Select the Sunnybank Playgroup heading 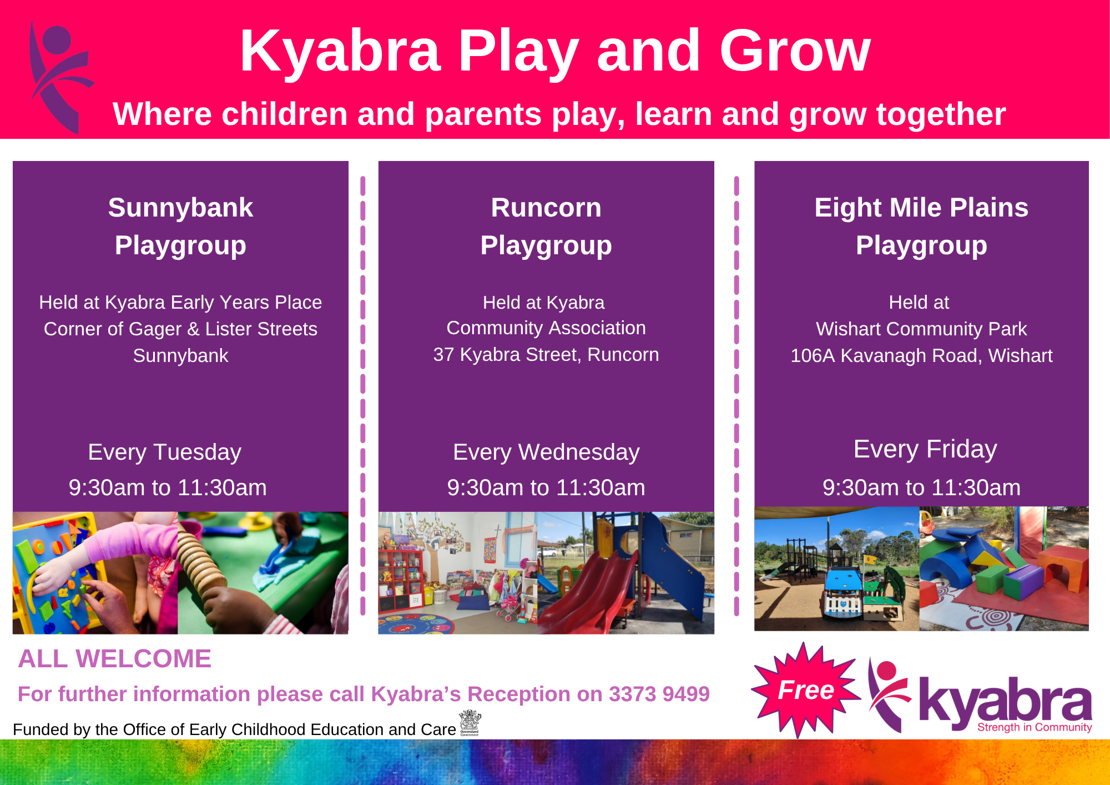tap(180, 226)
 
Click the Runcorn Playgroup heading tap(546, 226)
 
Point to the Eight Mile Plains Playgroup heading tap(921, 226)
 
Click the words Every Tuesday tap(165, 452)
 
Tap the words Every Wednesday tap(546, 452)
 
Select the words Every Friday tap(925, 449)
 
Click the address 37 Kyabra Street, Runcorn tap(546, 355)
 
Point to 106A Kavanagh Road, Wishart tap(921, 356)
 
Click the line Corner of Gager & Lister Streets tap(180, 329)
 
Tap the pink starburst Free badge tap(805, 690)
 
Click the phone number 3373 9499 tap(659, 694)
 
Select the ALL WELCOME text tap(115, 659)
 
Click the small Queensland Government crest tap(470, 722)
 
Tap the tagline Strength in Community tap(1035, 727)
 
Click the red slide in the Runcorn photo tap(588, 594)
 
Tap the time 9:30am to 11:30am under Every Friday tap(921, 487)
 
